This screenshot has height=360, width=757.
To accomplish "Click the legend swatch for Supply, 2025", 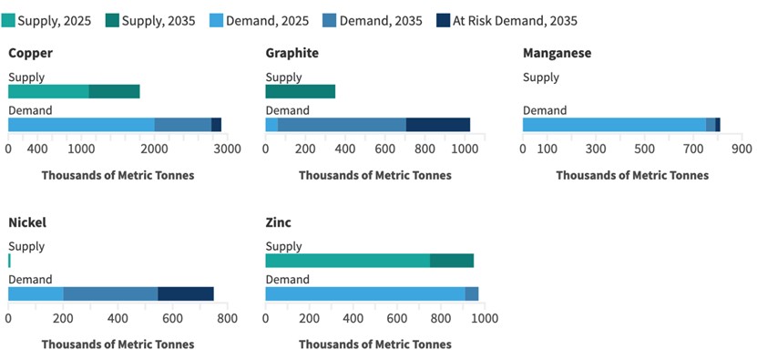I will point(9,19).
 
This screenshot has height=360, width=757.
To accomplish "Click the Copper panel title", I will point(30,53).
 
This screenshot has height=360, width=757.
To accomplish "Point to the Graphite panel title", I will point(292,53).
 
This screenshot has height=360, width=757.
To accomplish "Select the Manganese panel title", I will point(557,53).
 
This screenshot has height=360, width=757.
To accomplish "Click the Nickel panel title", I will point(27,222).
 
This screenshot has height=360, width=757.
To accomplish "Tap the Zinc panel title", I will point(279,222).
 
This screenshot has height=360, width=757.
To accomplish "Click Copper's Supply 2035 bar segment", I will point(114,91).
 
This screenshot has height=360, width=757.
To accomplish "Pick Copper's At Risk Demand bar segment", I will point(216,125).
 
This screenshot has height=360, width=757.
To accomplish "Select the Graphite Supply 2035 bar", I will point(300,91).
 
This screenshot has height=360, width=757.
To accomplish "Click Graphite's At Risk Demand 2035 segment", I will point(437,125).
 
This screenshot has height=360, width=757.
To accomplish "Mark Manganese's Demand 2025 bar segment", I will point(614,125).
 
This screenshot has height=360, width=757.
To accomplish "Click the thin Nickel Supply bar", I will point(9,261).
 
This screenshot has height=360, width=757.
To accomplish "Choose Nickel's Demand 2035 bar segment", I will point(110,293).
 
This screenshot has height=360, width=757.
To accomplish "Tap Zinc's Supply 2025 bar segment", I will point(347,261).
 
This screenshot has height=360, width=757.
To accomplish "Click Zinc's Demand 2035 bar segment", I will point(472,293).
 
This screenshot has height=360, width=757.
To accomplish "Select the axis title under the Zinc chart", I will point(374,345).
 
